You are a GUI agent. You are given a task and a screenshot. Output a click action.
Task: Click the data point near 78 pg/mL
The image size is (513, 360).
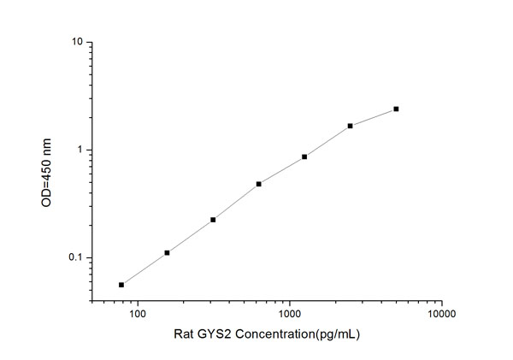[121, 285]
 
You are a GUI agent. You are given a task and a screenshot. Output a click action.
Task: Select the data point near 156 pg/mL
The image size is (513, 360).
[167, 252]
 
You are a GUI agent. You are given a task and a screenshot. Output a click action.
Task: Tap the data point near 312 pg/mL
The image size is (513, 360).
[213, 220]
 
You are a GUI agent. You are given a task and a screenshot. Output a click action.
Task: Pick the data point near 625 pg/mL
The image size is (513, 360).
[258, 184]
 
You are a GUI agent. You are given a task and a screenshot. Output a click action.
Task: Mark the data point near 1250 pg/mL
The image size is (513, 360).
[304, 156]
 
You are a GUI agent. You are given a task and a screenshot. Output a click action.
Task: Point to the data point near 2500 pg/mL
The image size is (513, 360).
[351, 126]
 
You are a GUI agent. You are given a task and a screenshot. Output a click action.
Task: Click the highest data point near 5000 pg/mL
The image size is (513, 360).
[396, 109]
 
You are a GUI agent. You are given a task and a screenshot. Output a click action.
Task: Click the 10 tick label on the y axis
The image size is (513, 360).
[76, 42]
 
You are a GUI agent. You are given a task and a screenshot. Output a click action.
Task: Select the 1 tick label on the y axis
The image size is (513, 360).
[80, 150]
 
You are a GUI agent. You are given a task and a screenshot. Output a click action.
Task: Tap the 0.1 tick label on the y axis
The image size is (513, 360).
[74, 258]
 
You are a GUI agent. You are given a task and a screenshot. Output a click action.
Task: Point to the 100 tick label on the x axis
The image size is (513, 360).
[138, 315]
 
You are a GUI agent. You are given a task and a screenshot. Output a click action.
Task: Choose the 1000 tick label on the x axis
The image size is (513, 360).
[290, 315]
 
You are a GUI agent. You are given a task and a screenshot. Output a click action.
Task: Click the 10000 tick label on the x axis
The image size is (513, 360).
[441, 315]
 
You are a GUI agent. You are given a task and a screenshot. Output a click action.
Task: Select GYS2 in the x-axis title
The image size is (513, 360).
[233, 334]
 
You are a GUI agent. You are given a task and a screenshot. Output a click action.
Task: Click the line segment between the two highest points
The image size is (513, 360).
[374, 117]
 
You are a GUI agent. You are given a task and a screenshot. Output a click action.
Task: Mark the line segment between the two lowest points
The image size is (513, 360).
[144, 269]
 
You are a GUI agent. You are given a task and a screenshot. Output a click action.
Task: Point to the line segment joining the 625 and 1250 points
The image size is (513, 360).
[281, 170]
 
